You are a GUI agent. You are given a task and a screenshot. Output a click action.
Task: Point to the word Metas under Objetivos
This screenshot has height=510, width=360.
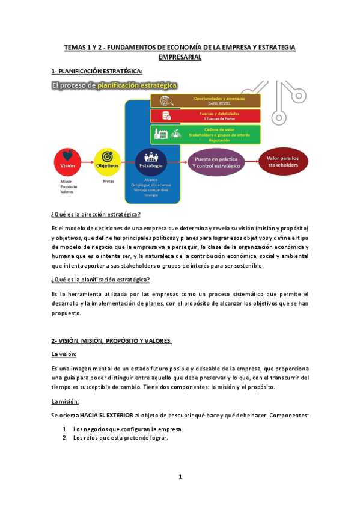click(108, 181)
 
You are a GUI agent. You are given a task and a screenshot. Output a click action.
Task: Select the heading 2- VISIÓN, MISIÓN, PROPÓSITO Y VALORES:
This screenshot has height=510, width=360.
click(112, 341)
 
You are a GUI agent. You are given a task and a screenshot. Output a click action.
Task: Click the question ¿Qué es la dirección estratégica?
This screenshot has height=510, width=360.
click(96, 215)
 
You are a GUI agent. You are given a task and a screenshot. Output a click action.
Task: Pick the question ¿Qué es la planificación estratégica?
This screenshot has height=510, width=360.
click(100, 279)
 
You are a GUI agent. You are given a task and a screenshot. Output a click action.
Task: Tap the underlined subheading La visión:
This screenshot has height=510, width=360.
click(64, 354)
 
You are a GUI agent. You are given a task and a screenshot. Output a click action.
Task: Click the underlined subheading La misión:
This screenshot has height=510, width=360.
click(65, 401)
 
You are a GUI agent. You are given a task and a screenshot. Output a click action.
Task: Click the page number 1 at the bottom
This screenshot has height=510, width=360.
click(180, 477)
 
